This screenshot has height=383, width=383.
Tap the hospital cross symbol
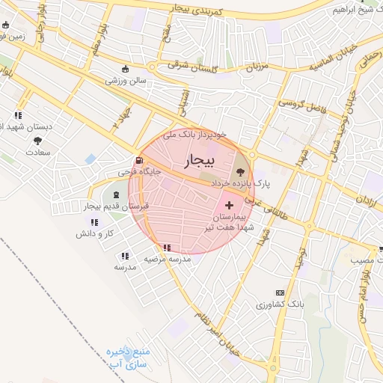pyautogui.click(x=228, y=204)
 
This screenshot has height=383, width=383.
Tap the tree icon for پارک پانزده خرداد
pyautogui.click(x=239, y=172)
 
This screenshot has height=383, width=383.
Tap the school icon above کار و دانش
pyautogui.click(x=94, y=222)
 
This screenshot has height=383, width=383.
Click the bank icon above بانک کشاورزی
pyautogui.click(x=280, y=292)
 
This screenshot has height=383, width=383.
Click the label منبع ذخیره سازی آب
pyautogui.click(x=128, y=358)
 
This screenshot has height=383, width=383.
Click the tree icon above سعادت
pyautogui.click(x=37, y=141)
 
